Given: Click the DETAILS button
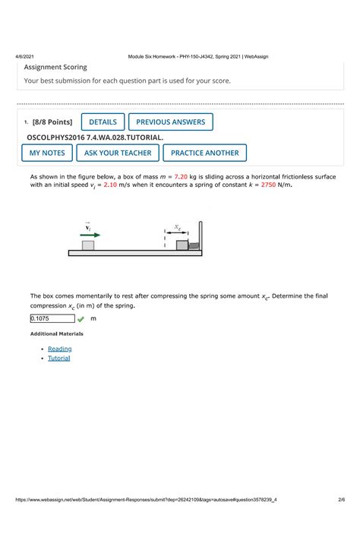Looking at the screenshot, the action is pos(103,122).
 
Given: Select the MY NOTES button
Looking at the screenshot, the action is pos(47,153).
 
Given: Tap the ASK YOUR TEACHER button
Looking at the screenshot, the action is pos(118,153).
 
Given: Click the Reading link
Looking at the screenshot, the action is pos(60,349).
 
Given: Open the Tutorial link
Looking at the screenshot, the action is pos(59,358).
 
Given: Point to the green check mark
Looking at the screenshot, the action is pos(81,320).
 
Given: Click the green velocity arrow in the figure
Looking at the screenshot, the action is pos(90,235).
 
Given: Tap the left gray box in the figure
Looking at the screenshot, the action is pos(88,245).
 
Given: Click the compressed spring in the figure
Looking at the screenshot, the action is pos(194,245).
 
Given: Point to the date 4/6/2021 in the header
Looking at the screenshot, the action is pos(23,56).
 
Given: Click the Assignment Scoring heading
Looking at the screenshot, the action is pos(55,67).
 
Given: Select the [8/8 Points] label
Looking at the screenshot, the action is pos(52,122).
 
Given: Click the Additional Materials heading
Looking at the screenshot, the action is pos(57,334).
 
